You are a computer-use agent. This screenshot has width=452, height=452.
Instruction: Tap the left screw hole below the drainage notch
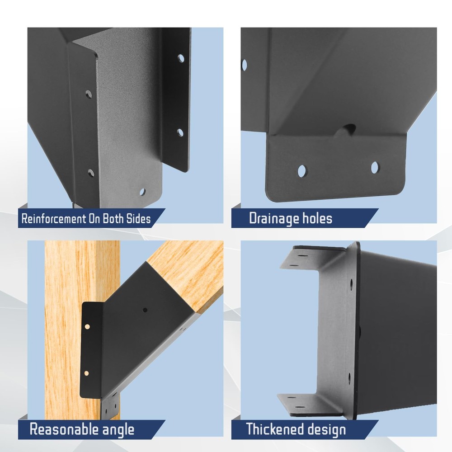302,171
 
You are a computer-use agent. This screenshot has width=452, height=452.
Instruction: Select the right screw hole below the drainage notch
374,168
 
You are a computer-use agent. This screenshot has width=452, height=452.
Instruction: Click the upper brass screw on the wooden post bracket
87,327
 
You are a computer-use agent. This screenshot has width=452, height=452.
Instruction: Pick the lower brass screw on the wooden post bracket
86,373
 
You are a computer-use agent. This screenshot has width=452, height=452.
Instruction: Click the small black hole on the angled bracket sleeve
145,310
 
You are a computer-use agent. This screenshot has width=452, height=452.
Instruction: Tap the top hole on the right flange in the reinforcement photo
181,58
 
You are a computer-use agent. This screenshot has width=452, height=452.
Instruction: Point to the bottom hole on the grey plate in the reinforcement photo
142,192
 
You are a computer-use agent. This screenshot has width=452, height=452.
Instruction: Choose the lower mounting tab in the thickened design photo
311,404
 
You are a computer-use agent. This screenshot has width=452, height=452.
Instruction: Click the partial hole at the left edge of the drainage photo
244,65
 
